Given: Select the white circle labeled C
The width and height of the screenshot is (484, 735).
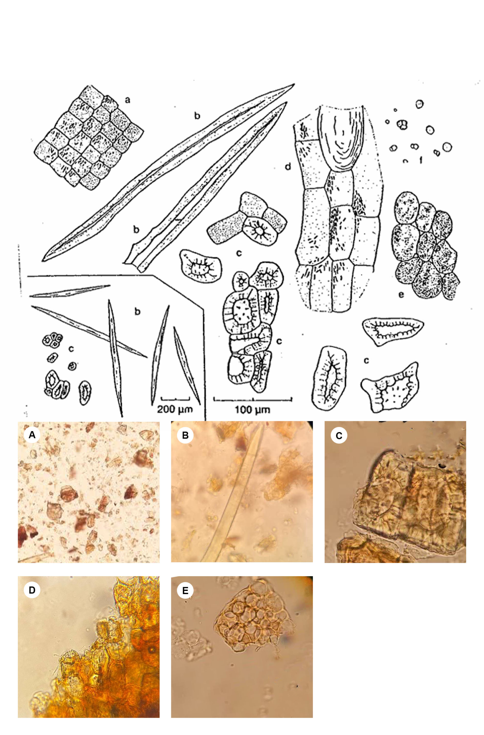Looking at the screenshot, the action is (339, 436).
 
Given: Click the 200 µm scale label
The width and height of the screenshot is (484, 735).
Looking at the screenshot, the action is (175, 409).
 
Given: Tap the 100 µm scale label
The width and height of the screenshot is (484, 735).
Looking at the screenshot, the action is (252, 410).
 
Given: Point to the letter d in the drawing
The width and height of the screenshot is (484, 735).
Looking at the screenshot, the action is (288, 167).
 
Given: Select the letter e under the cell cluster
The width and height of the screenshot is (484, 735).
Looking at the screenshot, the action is (401, 295).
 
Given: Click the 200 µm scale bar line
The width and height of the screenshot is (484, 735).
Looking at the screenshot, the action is (175, 398).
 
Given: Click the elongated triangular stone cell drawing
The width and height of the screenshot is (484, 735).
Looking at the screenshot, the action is (393, 331).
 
